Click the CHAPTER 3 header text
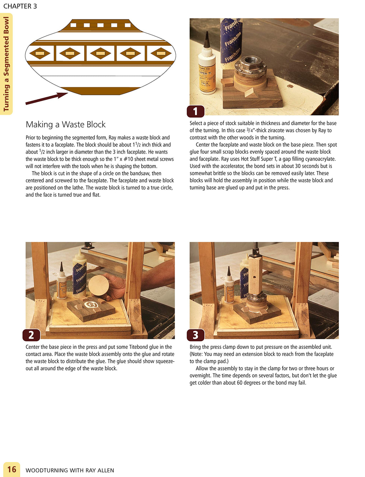click(20, 6)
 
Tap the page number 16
click(11, 469)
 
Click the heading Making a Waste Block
click(66, 125)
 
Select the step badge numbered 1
click(195, 112)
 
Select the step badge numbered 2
click(31, 335)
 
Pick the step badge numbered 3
click(195, 335)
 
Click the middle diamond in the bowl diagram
click(100, 54)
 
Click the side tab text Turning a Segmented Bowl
click(6, 64)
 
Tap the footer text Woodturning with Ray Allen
click(70, 470)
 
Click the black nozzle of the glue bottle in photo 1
click(207, 39)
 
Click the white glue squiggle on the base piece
click(91, 305)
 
